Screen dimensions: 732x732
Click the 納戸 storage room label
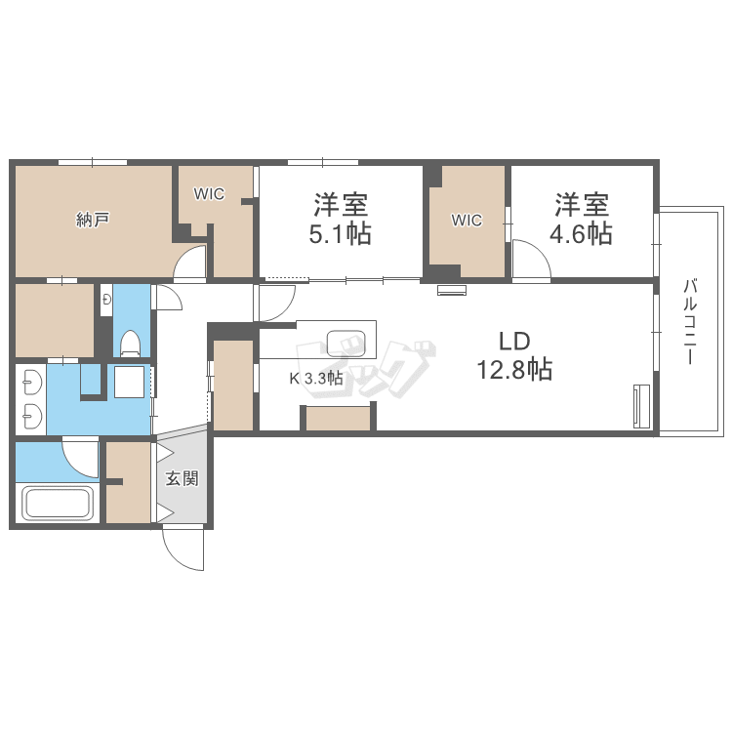tap(93, 220)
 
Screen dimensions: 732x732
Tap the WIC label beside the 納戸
tap(209, 194)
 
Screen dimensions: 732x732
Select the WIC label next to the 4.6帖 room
tap(467, 221)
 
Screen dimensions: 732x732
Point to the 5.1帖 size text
tap(341, 234)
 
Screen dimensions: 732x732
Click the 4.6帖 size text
tap(583, 234)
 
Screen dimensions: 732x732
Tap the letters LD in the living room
tap(513, 342)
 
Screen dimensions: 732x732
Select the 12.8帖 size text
tap(513, 370)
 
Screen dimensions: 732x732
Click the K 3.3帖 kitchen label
tap(314, 379)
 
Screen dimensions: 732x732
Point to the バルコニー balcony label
tap(690, 322)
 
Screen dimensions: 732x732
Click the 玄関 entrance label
tap(182, 479)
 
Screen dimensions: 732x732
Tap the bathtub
tap(57, 505)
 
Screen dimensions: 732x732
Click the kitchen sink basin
tap(346, 344)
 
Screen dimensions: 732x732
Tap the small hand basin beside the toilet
tap(105, 300)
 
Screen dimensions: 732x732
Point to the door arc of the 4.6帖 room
tap(531, 261)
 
